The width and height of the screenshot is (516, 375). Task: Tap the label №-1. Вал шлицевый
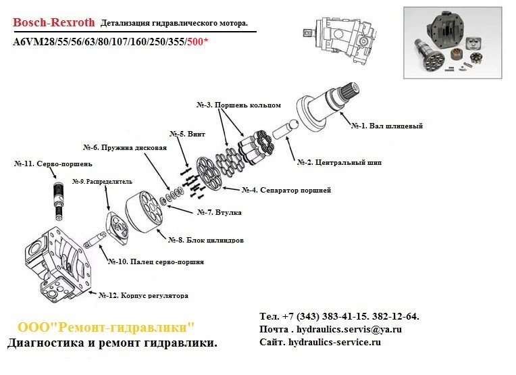386,126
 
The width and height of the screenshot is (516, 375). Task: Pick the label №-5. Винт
187,134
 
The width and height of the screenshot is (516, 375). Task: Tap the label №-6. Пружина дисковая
124,147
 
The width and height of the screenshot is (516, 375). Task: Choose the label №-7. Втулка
219,213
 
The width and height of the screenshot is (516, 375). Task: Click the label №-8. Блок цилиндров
205,240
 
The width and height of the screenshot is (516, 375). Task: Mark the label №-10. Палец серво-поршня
156,261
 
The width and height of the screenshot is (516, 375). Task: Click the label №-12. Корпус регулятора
143,295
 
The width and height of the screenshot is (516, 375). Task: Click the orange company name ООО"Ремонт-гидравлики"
105,328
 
